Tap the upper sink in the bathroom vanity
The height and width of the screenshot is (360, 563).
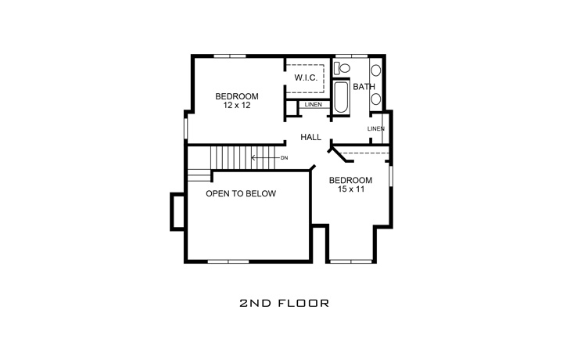[x=376, y=70]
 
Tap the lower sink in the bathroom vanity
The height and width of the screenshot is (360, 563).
[x=376, y=99]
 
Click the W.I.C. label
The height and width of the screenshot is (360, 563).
[x=305, y=78]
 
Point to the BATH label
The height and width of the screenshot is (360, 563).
[x=364, y=86]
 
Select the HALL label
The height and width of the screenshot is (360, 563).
[x=311, y=137]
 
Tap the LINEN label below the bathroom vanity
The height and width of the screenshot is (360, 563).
[x=376, y=128]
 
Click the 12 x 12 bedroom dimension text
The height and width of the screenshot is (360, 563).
[x=237, y=106]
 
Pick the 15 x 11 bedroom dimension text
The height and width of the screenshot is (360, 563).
[x=350, y=189]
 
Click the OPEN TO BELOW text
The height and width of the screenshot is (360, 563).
[x=240, y=193]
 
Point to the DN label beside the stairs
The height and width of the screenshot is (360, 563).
[x=284, y=158]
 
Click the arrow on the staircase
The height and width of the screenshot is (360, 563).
[x=263, y=158]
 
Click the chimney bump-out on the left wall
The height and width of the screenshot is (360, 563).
[x=178, y=211]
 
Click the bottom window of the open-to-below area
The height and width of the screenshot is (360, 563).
[x=229, y=261]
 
